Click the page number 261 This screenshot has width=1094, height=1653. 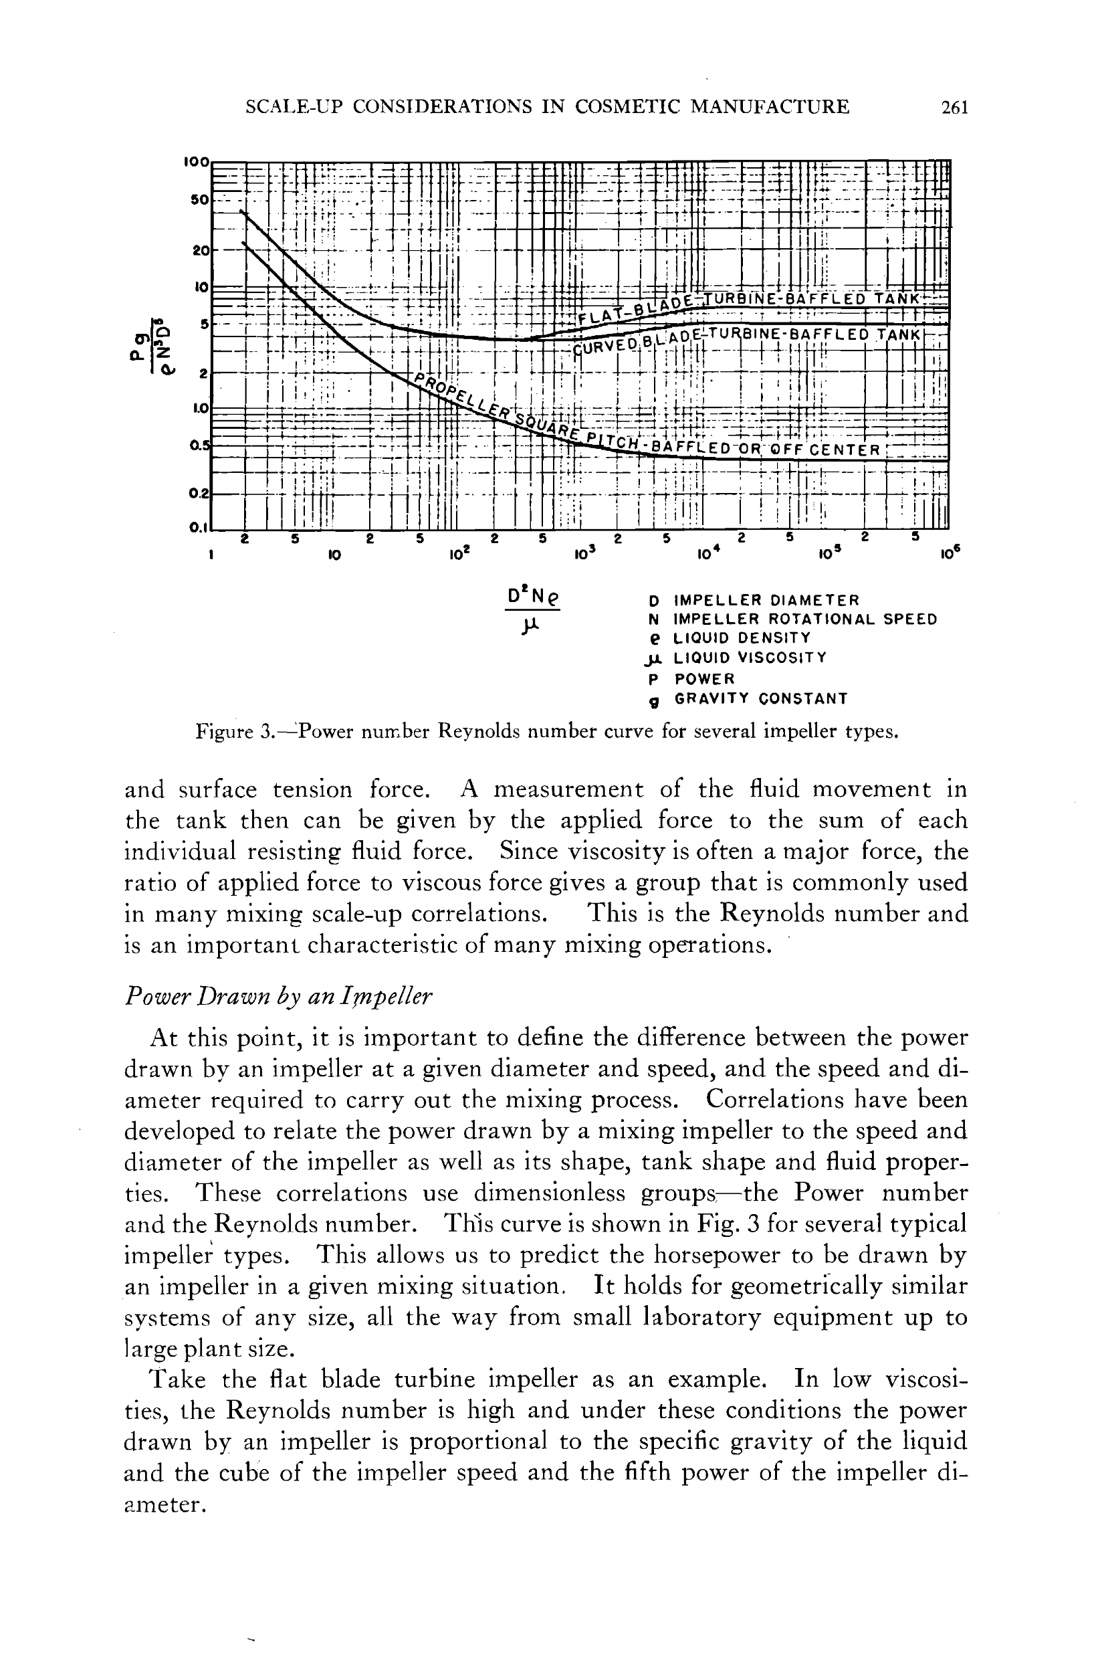[954, 108]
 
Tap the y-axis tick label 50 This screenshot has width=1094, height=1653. [199, 199]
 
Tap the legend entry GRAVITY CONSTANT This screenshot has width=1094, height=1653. [760, 698]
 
